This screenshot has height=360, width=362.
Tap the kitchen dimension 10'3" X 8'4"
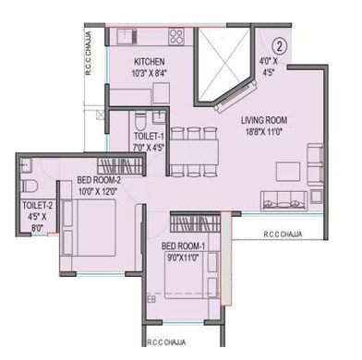tap(149, 72)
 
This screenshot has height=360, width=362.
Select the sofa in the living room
tap(286, 197)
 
